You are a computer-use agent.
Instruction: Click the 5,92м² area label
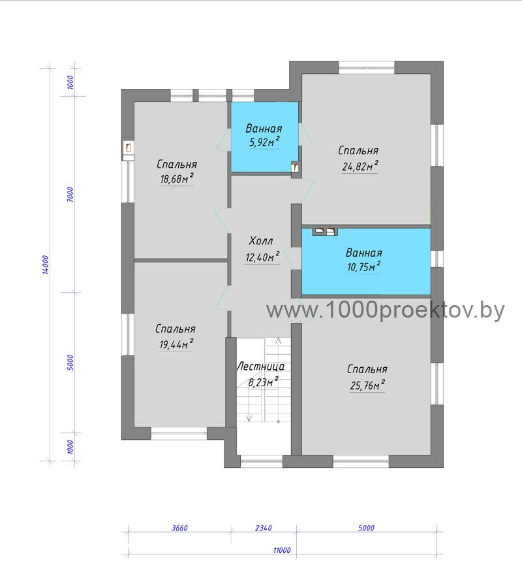[264, 142]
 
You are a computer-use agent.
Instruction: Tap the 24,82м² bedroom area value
[360, 166]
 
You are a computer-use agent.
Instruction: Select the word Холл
[261, 241]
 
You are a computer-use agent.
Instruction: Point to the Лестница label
[260, 367]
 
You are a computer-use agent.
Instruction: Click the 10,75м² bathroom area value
[363, 266]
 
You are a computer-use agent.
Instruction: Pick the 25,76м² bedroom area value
[367, 385]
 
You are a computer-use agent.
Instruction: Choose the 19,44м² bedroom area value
[176, 344]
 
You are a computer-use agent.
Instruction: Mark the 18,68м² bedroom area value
[177, 178]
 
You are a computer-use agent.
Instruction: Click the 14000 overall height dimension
[45, 265]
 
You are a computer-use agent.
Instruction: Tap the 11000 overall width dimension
[282, 550]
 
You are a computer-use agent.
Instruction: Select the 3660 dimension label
[180, 528]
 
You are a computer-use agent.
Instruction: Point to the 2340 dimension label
[264, 528]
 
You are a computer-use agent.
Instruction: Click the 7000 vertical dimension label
[70, 194]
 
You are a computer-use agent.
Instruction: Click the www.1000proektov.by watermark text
[386, 310]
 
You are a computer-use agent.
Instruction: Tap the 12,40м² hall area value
[262, 257]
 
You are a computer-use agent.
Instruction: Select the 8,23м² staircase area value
[263, 382]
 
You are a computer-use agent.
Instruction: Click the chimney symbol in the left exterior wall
[128, 148]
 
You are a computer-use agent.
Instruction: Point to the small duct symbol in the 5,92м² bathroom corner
[296, 167]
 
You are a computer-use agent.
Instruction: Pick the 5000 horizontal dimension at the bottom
[366, 528]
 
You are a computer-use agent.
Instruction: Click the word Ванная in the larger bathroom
[363, 253]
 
